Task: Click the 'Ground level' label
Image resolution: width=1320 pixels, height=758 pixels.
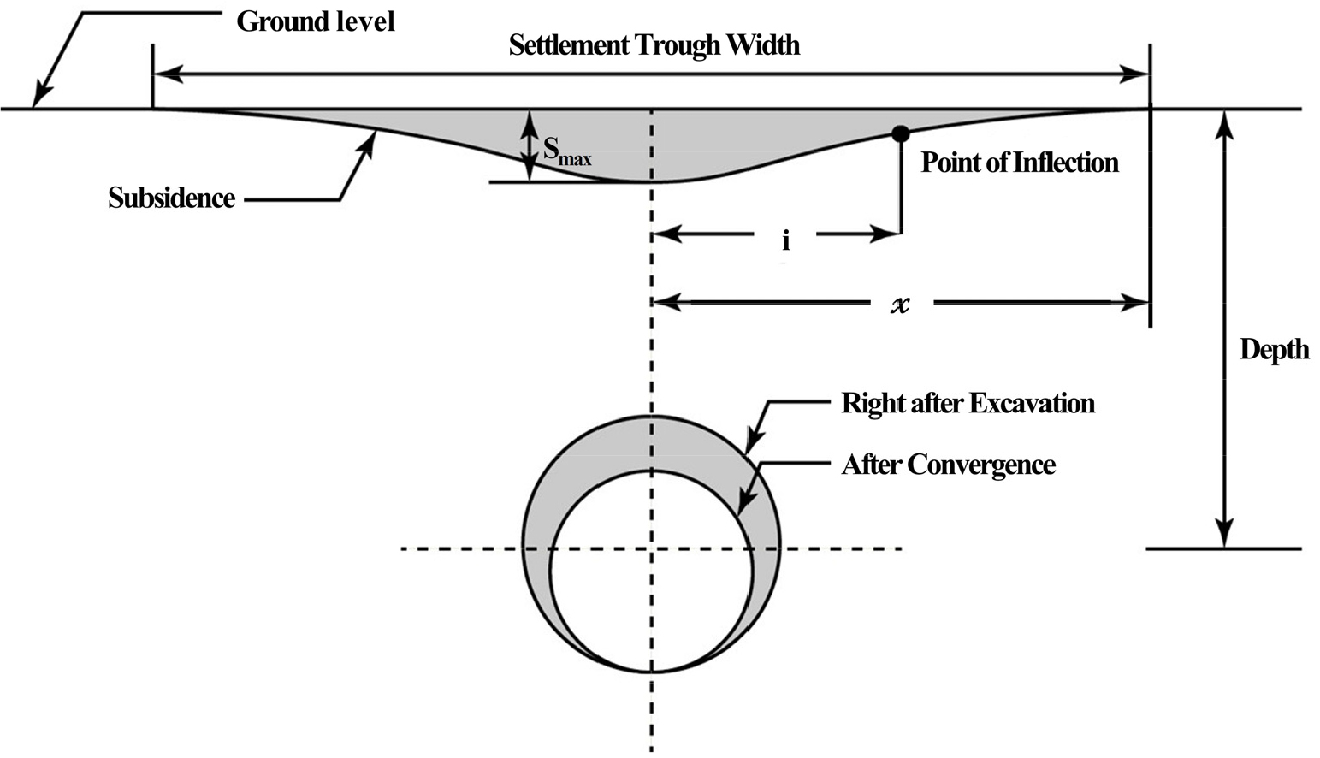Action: [316, 21]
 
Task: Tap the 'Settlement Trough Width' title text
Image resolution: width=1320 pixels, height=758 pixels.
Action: [654, 44]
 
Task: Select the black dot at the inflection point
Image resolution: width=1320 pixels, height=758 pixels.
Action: [901, 133]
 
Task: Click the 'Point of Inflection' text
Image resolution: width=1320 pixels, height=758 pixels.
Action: [1020, 163]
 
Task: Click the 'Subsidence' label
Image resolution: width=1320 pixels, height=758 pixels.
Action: [171, 198]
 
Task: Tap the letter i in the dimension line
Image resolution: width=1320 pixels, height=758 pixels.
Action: [785, 240]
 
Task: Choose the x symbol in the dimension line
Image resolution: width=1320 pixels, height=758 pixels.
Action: [901, 305]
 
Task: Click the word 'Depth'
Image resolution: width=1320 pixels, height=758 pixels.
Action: [1275, 350]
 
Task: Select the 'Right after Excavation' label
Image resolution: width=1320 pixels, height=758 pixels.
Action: [968, 403]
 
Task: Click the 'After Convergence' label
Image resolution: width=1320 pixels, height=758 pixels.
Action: [948, 465]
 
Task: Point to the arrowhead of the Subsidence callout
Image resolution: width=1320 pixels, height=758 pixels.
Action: [367, 144]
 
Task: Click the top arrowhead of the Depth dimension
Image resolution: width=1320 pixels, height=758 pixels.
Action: [1224, 124]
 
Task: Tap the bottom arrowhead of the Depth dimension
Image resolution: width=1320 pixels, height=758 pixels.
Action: [1224, 534]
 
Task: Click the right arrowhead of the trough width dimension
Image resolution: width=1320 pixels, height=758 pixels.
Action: [1134, 74]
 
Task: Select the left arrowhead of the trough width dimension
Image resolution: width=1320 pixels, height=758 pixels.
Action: [169, 74]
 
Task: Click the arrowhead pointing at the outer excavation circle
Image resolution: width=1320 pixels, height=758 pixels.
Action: [755, 442]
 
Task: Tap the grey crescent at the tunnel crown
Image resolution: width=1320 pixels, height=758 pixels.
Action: [650, 443]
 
